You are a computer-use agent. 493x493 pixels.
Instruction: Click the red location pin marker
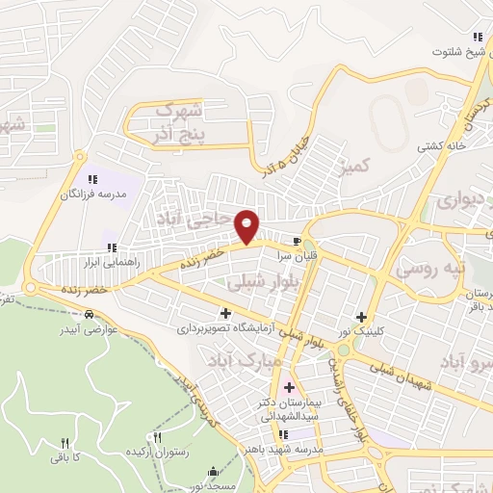pyautogui.click(x=247, y=226)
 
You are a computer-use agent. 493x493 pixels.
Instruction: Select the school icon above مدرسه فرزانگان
pyautogui.click(x=92, y=179)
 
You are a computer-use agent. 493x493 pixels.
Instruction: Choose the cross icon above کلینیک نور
pyautogui.click(x=362, y=317)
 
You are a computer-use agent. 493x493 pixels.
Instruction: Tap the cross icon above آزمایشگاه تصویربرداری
pyautogui.click(x=225, y=312)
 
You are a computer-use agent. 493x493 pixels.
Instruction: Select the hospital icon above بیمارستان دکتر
pyautogui.click(x=289, y=387)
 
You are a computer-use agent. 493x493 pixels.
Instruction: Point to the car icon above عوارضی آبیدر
pyautogui.click(x=90, y=314)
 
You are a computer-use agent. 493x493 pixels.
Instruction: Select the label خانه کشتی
pyautogui.click(x=440, y=146)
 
